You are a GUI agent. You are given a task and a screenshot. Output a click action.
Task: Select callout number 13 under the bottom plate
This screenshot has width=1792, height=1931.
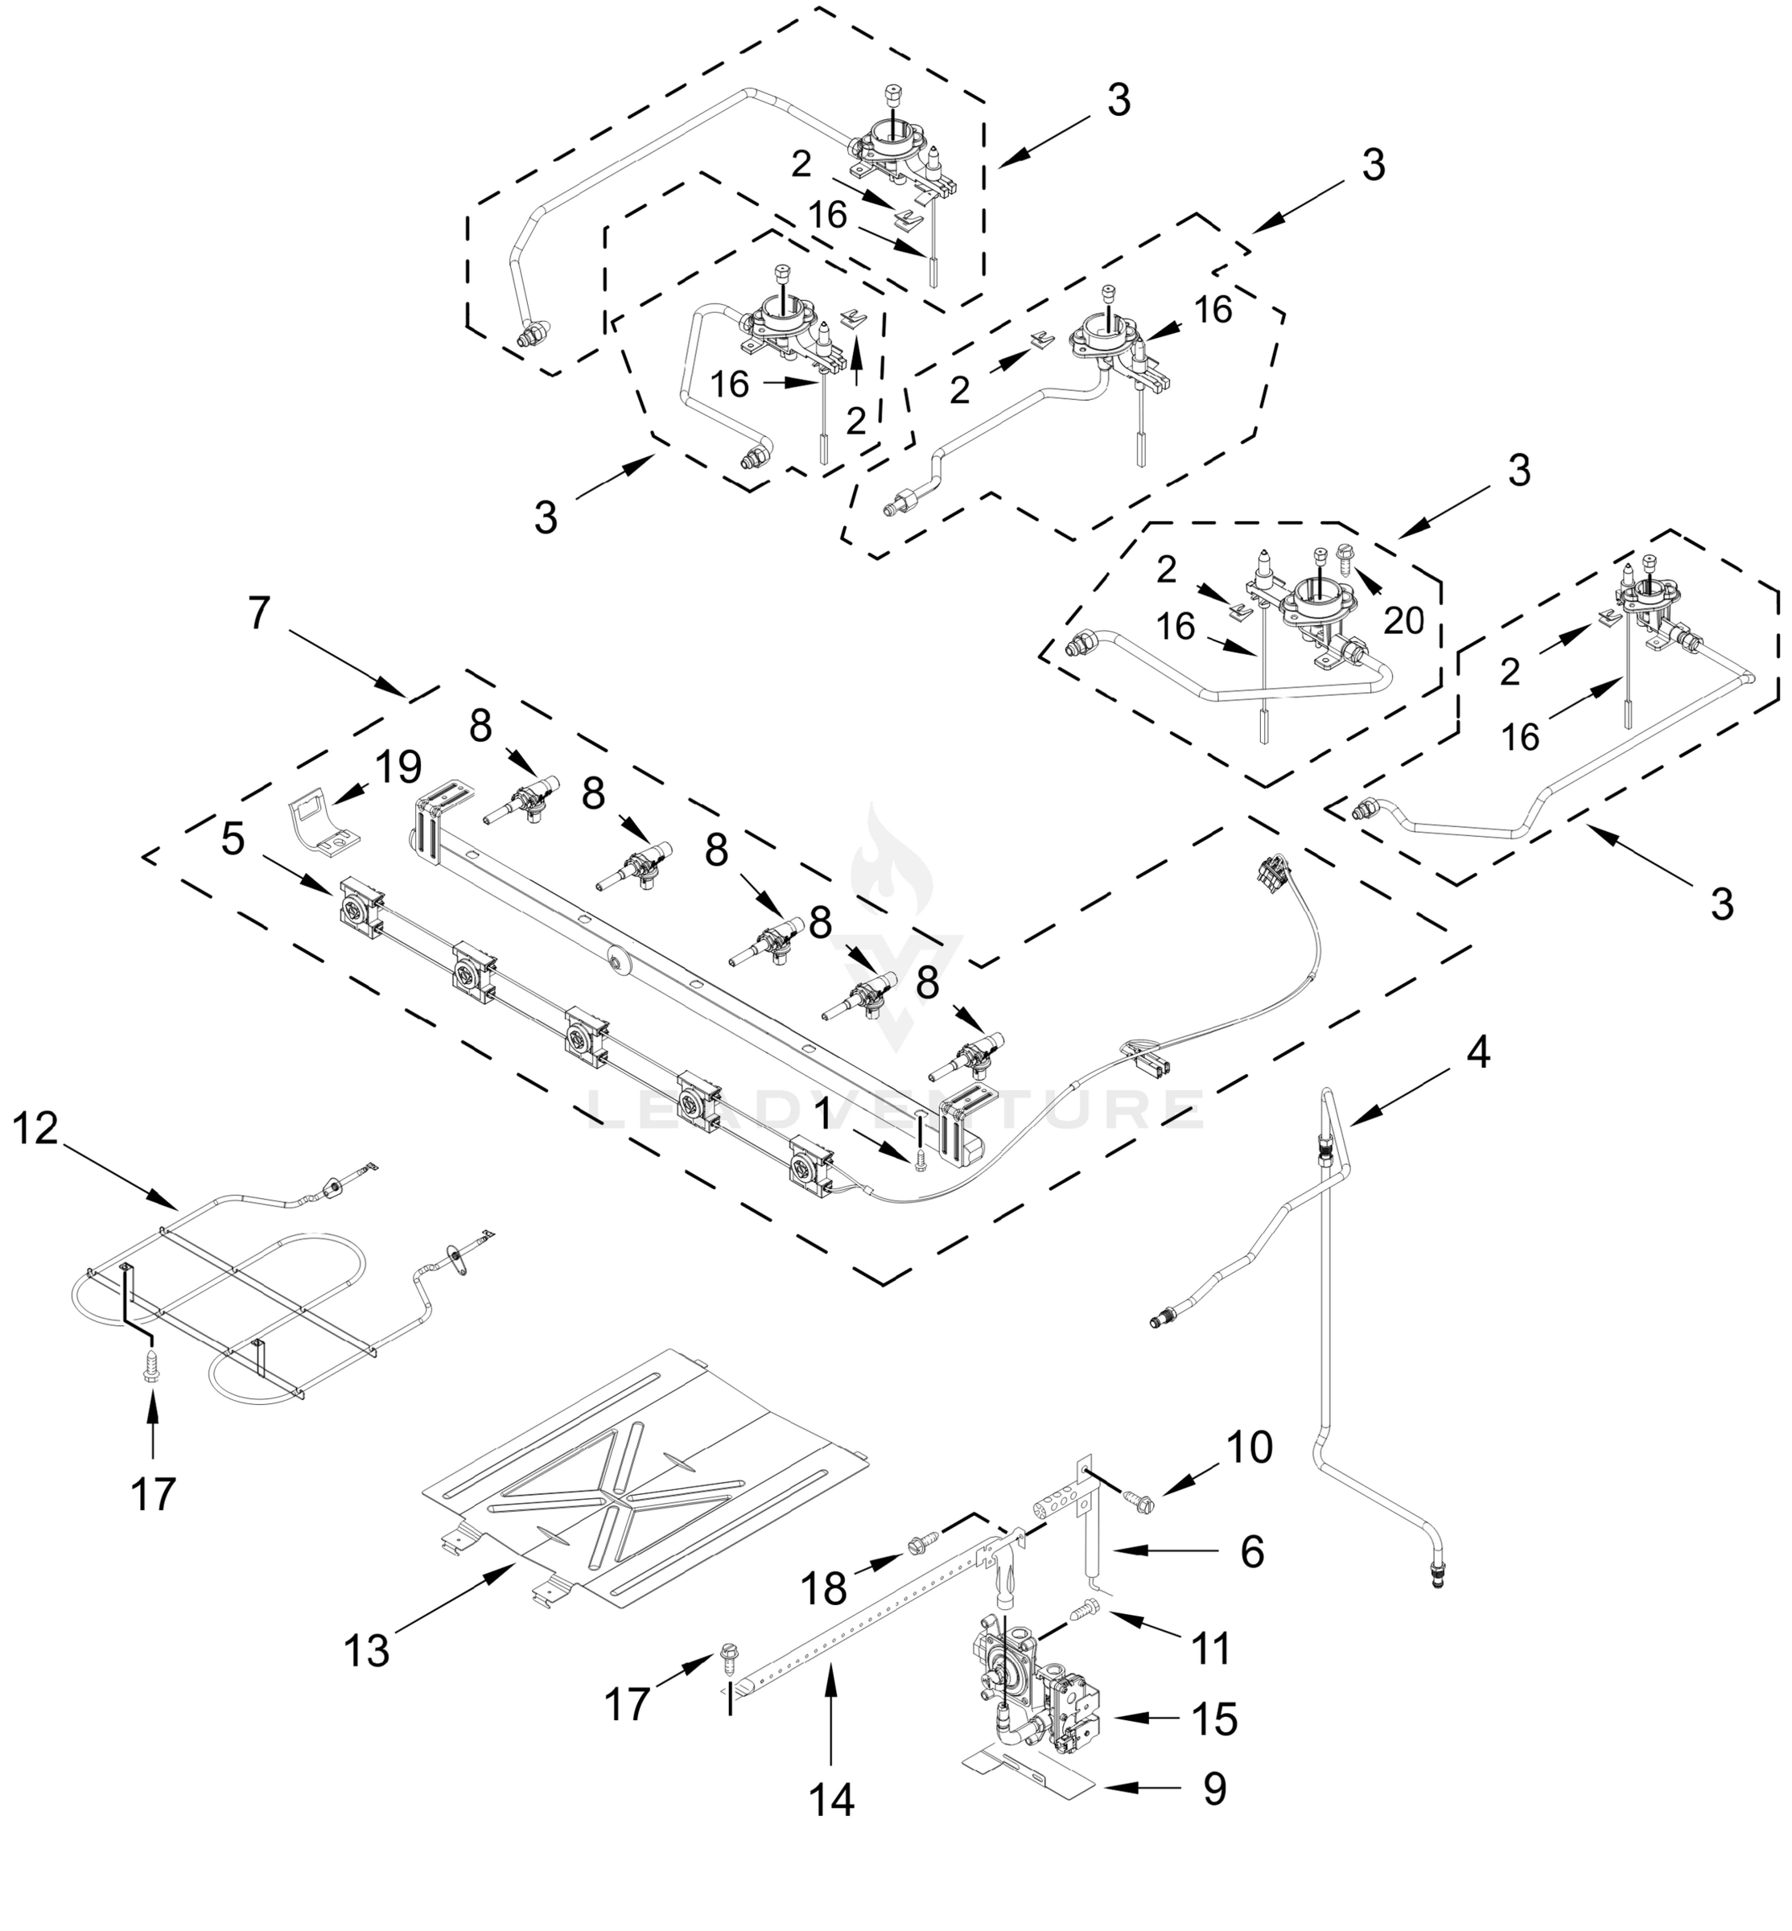point(367,1650)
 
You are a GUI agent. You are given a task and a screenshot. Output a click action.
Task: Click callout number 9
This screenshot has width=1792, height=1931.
point(1214,1789)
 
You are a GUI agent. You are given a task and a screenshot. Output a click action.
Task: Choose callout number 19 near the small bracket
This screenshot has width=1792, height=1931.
point(398,768)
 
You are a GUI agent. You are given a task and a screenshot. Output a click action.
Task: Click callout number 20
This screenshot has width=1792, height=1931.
point(1403,620)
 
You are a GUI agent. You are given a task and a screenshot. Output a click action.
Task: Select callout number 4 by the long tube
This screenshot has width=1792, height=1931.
point(1476,1051)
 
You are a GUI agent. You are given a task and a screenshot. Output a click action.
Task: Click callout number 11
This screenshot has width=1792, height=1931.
point(1211,1647)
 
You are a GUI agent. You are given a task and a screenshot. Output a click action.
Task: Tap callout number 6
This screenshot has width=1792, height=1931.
point(1252,1552)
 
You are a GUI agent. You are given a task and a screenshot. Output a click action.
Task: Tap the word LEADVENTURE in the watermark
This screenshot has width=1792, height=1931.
point(896,1110)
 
